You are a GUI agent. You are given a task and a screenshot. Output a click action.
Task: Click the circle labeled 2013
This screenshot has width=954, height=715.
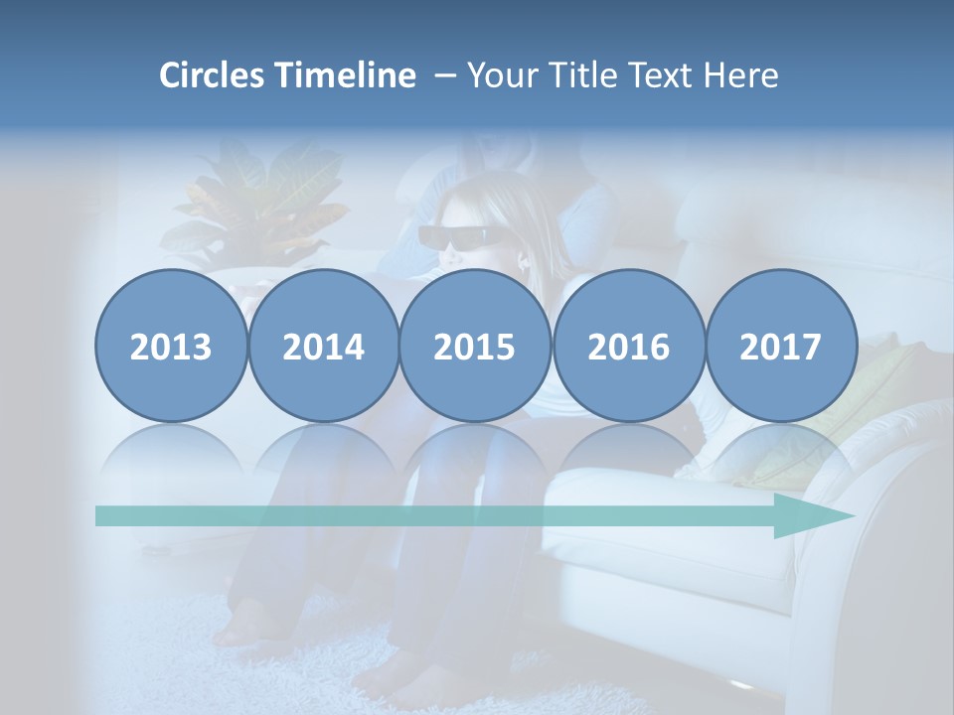(x=171, y=347)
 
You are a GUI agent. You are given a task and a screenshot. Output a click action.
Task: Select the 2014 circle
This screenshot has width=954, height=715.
(x=324, y=347)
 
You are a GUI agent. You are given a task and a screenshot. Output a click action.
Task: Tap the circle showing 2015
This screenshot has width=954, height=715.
(x=475, y=347)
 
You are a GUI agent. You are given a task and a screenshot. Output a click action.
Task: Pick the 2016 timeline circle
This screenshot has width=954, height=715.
(x=628, y=347)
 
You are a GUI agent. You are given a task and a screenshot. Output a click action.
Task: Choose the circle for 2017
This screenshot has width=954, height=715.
(x=781, y=347)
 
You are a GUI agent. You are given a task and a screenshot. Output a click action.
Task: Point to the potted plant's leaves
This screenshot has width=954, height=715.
(x=263, y=199)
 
